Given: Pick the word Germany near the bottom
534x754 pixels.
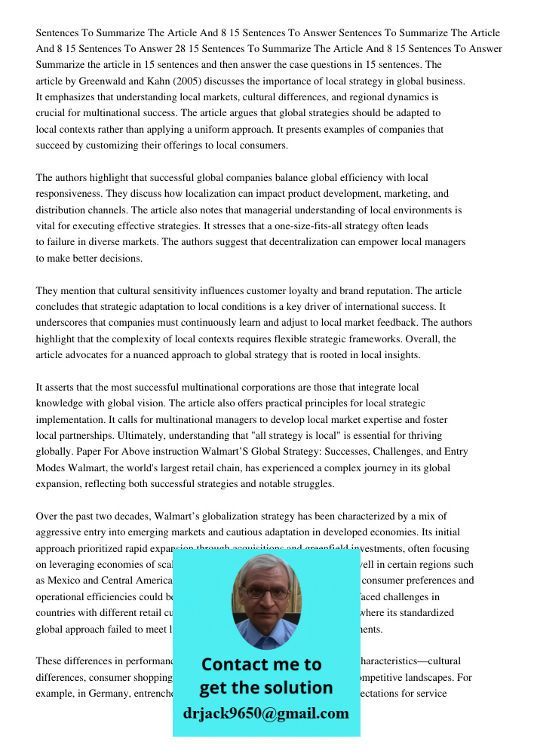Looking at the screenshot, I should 116,694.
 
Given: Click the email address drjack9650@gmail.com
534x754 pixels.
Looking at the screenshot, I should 266,713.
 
